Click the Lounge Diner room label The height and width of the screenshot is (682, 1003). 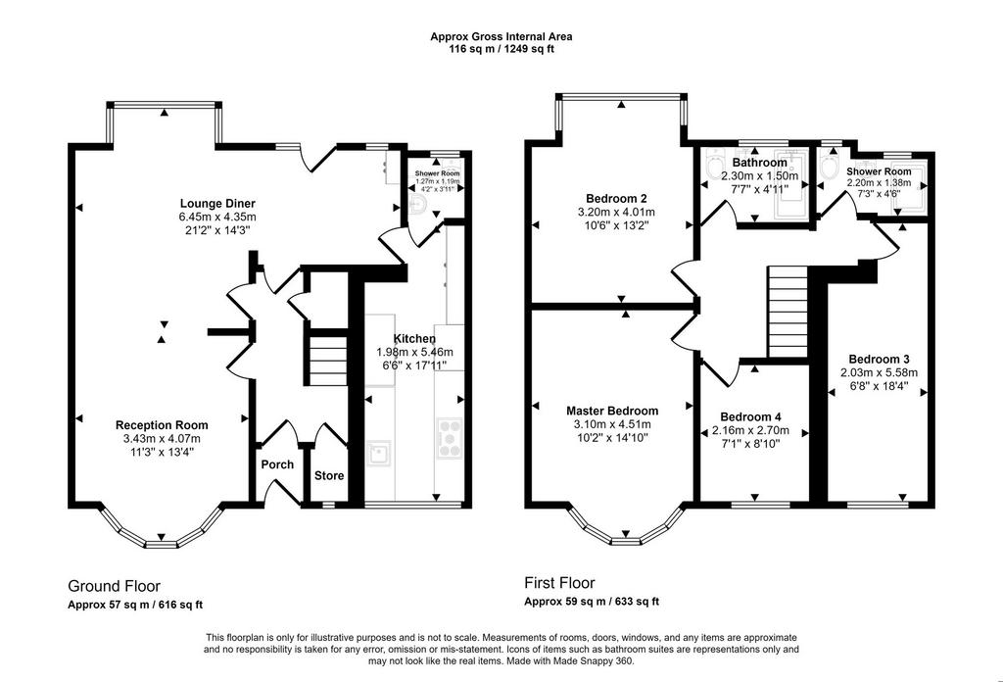[217, 204]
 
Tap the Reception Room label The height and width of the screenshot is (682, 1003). [162, 425]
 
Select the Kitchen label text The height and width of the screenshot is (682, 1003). [414, 338]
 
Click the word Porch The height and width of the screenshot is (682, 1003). [277, 464]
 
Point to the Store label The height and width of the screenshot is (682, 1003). [329, 475]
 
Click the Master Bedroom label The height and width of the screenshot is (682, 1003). [612, 411]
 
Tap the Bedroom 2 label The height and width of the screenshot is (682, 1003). [611, 198]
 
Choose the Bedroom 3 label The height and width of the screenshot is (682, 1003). [879, 359]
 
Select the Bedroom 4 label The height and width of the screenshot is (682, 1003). [750, 417]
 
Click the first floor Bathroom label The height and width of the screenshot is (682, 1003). [760, 163]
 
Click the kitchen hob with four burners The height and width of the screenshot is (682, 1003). [449, 438]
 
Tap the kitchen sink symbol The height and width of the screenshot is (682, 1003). [379, 454]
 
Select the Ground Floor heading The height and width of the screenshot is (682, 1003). [114, 586]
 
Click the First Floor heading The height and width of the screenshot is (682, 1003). [559, 583]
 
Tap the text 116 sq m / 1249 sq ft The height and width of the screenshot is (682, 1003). [501, 49]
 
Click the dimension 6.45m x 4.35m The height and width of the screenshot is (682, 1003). [217, 217]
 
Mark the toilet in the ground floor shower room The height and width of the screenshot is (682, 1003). [417, 204]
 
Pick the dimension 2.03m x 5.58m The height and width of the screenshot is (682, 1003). [879, 373]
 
